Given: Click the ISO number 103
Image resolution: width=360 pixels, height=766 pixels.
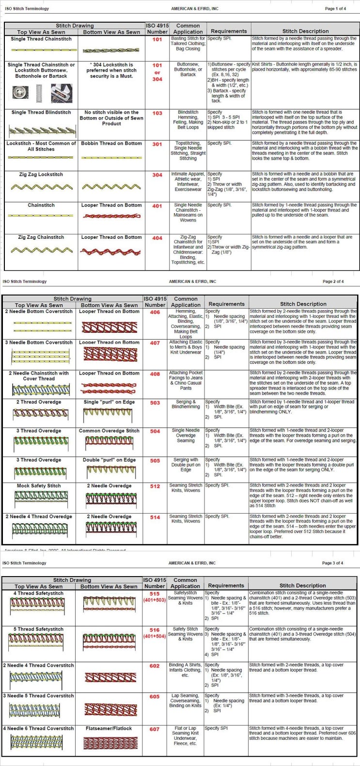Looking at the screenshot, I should [157, 113].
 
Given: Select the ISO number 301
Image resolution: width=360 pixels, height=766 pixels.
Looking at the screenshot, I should [157, 144].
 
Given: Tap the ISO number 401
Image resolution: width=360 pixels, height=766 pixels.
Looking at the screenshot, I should [157, 206].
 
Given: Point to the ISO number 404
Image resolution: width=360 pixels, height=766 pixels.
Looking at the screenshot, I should [157, 238].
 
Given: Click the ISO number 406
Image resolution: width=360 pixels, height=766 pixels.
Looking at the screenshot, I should [155, 313].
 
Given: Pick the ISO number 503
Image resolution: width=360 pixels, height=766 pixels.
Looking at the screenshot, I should [155, 403].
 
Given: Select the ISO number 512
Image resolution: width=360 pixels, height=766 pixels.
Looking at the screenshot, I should [155, 486].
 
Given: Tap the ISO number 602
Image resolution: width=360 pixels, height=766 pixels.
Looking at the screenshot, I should [154, 666].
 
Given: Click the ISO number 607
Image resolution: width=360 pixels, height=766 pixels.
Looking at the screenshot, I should [154, 729].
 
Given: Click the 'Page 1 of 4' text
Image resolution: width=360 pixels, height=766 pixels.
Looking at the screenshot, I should [335, 9].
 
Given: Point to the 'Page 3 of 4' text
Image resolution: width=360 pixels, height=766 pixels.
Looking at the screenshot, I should [332, 563].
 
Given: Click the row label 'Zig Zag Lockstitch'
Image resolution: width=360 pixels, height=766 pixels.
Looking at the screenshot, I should [41, 174].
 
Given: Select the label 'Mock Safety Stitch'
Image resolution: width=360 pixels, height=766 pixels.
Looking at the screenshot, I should [39, 485].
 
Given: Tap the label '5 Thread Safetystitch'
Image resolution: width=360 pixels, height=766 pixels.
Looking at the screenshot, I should [38, 629].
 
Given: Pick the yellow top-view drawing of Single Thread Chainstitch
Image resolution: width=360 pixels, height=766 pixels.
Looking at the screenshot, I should [41, 50].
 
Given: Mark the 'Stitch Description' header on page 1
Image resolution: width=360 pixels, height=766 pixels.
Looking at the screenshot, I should [305, 31].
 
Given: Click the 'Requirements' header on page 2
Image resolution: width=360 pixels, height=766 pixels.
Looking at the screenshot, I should [226, 304].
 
